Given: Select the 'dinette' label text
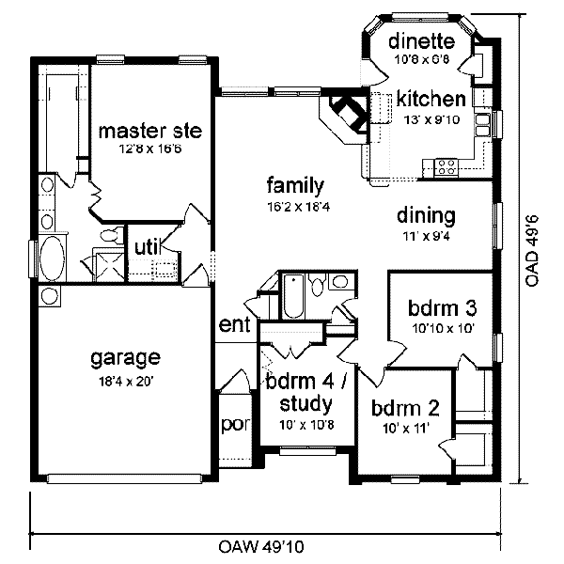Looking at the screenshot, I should (422, 40).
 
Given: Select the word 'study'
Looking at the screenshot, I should (306, 405).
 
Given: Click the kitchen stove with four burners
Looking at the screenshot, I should (446, 167).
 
